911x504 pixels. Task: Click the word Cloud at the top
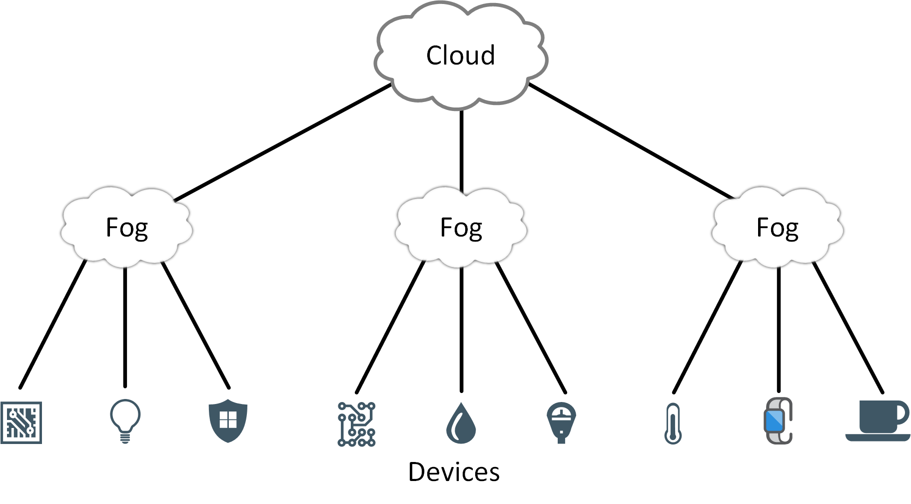(x=460, y=55)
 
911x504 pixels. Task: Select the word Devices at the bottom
(x=454, y=472)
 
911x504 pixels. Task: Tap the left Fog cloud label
(x=127, y=228)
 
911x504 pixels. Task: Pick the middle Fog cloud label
(x=461, y=228)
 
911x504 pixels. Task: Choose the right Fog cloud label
(x=778, y=228)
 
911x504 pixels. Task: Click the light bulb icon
(x=125, y=421)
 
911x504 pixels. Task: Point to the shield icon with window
(x=228, y=420)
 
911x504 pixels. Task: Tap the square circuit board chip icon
(x=21, y=422)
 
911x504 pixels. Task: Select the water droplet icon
(x=461, y=423)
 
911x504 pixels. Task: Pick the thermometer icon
(x=673, y=423)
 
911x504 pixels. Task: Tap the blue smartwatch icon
(x=778, y=420)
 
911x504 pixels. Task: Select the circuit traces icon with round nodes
(x=356, y=424)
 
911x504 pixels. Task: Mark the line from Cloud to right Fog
(x=631, y=141)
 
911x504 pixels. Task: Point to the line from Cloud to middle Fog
(x=461, y=151)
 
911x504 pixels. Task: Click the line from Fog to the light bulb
(x=125, y=327)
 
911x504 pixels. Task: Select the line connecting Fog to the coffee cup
(x=848, y=327)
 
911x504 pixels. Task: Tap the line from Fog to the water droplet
(x=461, y=330)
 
